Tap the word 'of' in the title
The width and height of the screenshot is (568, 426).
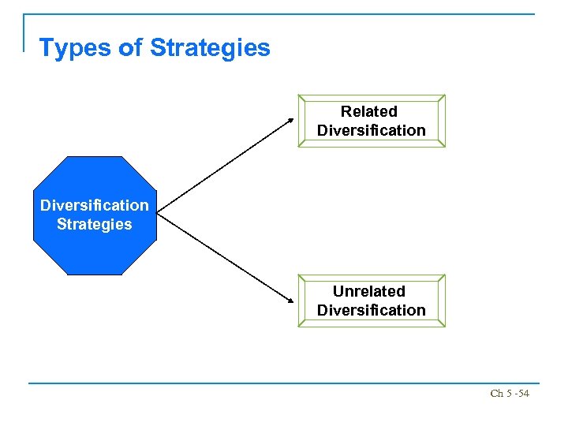tap(130, 48)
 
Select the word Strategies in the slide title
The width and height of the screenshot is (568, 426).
tap(210, 48)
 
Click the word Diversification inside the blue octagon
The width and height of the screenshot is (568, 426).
tap(95, 205)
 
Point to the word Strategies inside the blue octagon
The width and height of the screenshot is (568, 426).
tap(95, 224)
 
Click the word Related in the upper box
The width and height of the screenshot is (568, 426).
tap(369, 111)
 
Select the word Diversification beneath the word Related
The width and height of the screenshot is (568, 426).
tap(371, 130)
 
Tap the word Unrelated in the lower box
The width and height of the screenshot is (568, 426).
tap(369, 291)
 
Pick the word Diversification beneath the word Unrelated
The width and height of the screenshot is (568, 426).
tap(371, 310)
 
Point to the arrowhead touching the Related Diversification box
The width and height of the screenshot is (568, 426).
tap(290, 120)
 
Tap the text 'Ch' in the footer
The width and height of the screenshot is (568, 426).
tap(495, 393)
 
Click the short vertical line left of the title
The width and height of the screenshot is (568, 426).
tap(24, 32)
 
